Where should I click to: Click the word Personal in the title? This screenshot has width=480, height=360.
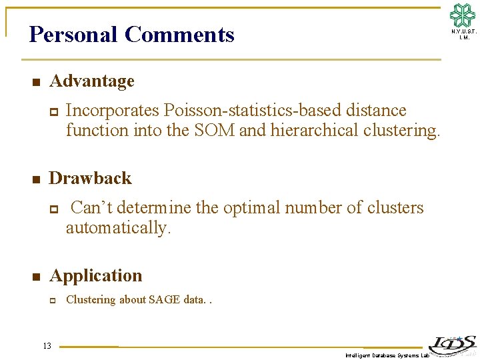pos(73,34)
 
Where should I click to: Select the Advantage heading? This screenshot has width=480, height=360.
pos(92,81)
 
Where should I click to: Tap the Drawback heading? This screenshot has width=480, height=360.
pos(91,179)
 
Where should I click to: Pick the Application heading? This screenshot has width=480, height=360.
pos(96,276)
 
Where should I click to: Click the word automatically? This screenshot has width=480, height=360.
pos(118,228)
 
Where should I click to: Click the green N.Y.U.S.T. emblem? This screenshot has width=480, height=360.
pos(463,15)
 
